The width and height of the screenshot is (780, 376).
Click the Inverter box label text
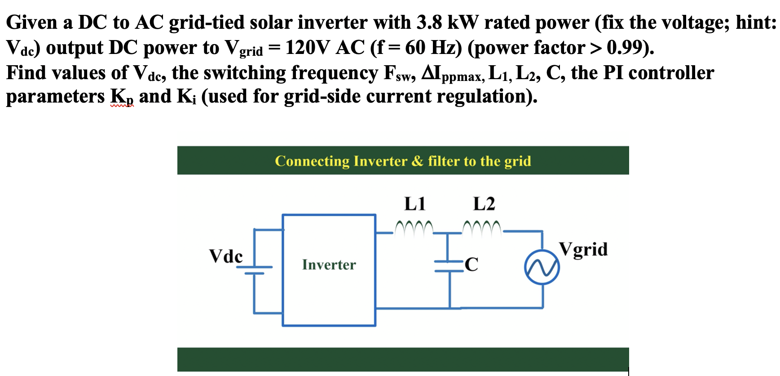pyautogui.click(x=329, y=264)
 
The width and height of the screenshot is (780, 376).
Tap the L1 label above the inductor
pyautogui.click(x=414, y=204)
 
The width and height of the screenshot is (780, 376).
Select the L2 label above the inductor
pyautogui.click(x=484, y=204)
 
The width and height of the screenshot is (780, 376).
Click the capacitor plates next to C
pyautogui.click(x=449, y=266)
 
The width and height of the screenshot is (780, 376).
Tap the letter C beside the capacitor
pyautogui.click(x=472, y=264)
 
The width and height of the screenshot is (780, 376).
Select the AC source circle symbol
pyautogui.click(x=542, y=268)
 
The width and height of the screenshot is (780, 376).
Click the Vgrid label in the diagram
pyautogui.click(x=583, y=249)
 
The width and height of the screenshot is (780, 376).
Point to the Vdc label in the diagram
pyautogui.click(x=226, y=256)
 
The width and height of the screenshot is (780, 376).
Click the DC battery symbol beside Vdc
pyautogui.click(x=255, y=270)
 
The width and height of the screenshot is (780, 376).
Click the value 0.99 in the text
pyautogui.click(x=626, y=48)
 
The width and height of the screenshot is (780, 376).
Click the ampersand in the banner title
pyautogui.click(x=417, y=161)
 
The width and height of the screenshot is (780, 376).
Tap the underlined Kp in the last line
pyautogui.click(x=122, y=97)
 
